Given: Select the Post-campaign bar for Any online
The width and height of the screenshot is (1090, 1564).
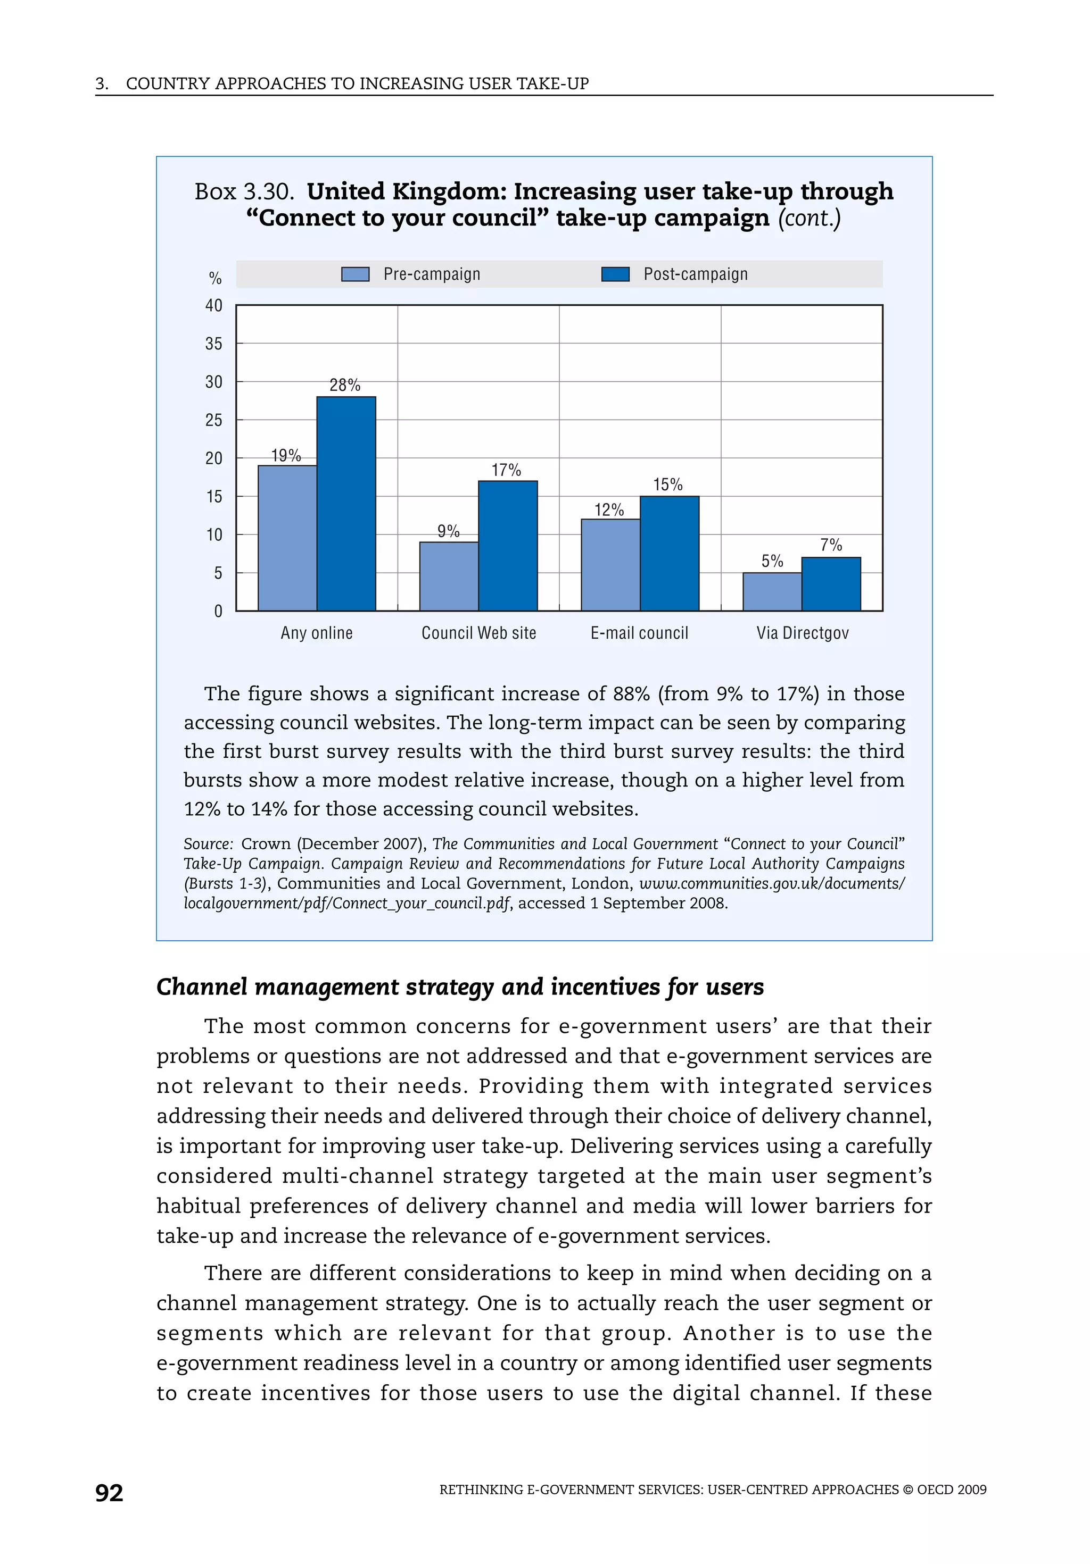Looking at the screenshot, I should tap(345, 504).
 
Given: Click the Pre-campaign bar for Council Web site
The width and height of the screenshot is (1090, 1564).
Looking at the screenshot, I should tap(449, 576).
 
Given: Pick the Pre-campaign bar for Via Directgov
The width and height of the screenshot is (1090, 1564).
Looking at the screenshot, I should tap(772, 591).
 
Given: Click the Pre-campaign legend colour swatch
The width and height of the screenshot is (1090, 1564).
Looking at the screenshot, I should tap(355, 274).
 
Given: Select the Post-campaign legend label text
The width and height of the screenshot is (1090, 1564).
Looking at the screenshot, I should tap(695, 274).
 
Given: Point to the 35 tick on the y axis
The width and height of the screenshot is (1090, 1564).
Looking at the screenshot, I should tap(214, 344).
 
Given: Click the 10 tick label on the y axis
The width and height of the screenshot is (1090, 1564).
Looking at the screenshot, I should tap(214, 535).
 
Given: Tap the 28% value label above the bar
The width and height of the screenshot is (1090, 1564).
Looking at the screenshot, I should tap(345, 385).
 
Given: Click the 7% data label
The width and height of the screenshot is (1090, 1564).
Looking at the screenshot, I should tap(831, 545).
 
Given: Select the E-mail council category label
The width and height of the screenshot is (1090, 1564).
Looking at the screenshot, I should tap(639, 633).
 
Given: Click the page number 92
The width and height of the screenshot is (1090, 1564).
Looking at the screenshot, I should tap(109, 1493).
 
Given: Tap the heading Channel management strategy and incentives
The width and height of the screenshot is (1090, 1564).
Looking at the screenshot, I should tap(459, 986).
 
